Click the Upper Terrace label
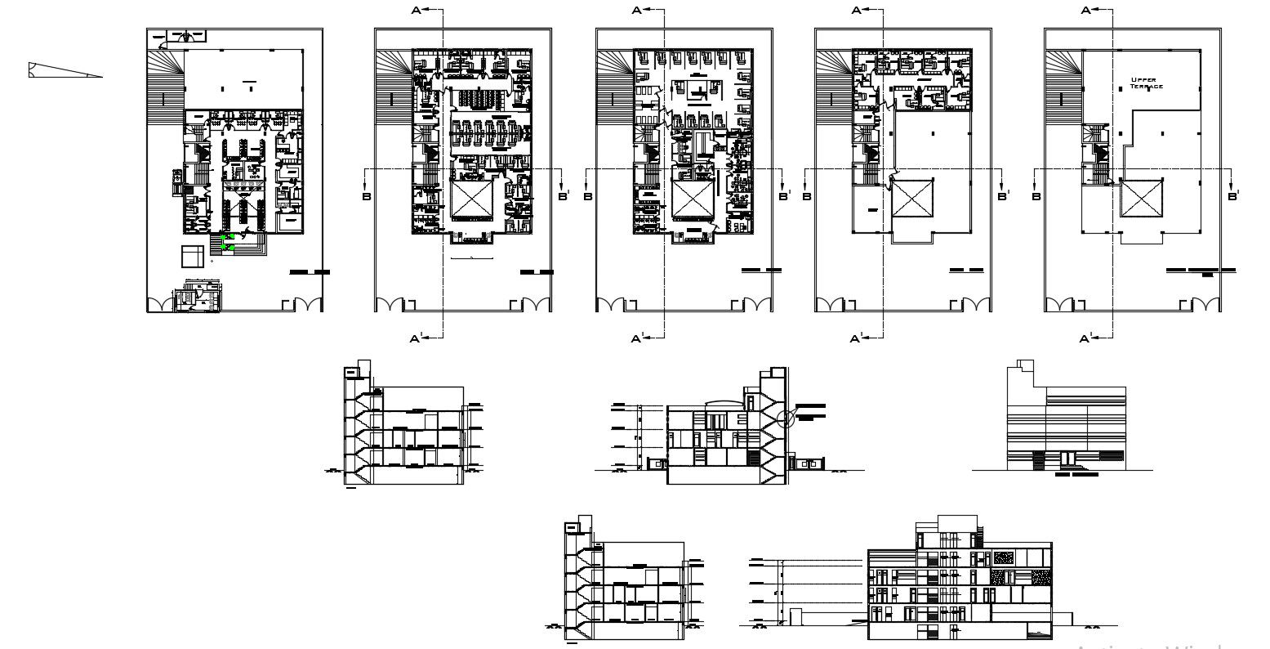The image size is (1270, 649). coord(1146,83)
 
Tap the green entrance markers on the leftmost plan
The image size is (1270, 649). coord(229,241)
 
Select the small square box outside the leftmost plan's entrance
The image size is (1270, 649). coord(192,255)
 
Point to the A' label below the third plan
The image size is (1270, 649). coord(638,338)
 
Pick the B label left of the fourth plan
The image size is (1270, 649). coord(807,196)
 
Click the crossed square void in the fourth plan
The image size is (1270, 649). coord(911,198)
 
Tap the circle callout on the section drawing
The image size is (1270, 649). coord(786,420)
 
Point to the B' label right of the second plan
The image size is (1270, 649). coord(564,196)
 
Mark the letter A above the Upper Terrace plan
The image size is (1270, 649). coord(1086,11)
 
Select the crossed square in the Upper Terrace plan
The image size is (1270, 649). coord(1140,198)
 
